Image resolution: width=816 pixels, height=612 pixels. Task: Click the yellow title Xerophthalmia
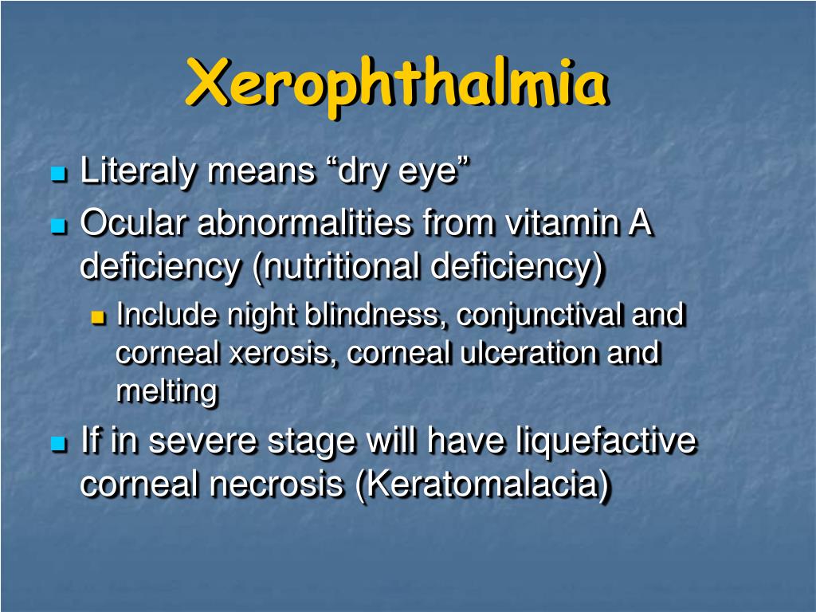pyautogui.click(x=396, y=83)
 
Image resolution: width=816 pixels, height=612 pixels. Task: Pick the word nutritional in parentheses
pyautogui.click(x=341, y=268)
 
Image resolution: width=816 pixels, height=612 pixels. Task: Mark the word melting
pyautogui.click(x=167, y=392)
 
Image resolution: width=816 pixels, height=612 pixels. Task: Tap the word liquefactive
pyautogui.click(x=606, y=441)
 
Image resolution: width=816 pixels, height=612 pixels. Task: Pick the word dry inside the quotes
pyautogui.click(x=363, y=172)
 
